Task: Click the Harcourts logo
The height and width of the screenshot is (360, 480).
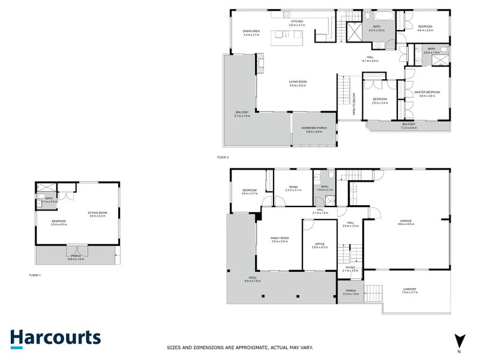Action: coord(55,337)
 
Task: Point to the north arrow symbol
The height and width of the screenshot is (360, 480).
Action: coord(459,341)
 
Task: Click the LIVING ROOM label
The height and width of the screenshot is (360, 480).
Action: coord(298,82)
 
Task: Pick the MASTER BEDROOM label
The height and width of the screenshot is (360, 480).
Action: coord(427,92)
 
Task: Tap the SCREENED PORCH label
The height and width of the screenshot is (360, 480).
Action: coord(314,128)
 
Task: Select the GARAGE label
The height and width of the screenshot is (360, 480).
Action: coord(406,221)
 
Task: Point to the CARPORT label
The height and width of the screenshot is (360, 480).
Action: coord(409,289)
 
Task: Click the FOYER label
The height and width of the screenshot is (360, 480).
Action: coord(350,268)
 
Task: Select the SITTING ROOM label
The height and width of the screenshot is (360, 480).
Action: coord(97,212)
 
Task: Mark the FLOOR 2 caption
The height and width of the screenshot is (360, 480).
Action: coord(223,157)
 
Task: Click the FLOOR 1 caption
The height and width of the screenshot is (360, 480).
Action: coord(35,275)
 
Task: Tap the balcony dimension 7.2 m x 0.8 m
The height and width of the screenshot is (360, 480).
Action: coord(408,128)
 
